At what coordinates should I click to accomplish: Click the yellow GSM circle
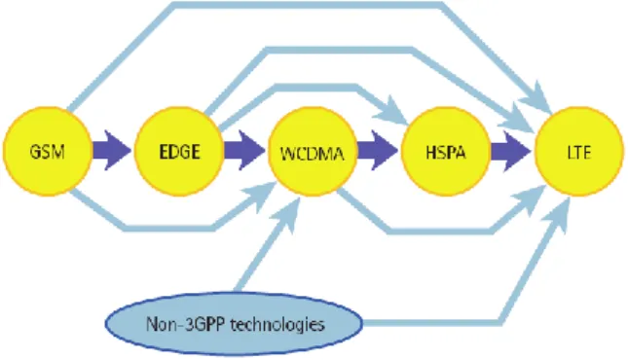pyautogui.click(x=48, y=152)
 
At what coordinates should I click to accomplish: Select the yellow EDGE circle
pyautogui.click(x=179, y=152)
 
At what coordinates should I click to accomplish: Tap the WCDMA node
pyautogui.click(x=313, y=152)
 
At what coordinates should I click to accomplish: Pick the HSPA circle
pyautogui.click(x=445, y=152)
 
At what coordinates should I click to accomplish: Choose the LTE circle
pyautogui.click(x=579, y=152)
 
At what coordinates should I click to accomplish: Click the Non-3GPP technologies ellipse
pyautogui.click(x=235, y=324)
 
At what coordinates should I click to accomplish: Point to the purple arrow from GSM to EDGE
pyautogui.click(x=112, y=151)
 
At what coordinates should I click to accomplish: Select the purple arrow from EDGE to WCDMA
pyautogui.click(x=244, y=151)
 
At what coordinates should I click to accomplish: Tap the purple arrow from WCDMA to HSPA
pyautogui.click(x=378, y=151)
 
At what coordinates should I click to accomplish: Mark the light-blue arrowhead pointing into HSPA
pyautogui.click(x=392, y=110)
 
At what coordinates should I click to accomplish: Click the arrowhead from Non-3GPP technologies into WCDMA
pyautogui.click(x=287, y=213)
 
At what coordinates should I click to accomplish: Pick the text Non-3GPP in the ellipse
pyautogui.click(x=185, y=324)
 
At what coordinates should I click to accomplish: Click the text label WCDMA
pyautogui.click(x=313, y=154)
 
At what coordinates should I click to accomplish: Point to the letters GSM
pyautogui.click(x=48, y=152)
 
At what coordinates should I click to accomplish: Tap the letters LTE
pyautogui.click(x=579, y=153)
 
